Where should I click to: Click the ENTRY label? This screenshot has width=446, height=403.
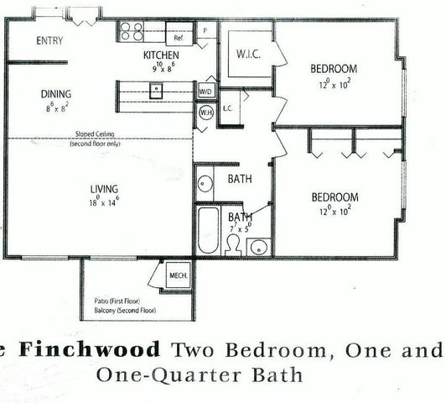pyautogui.click(x=49, y=41)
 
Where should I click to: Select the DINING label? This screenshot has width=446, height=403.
pyautogui.click(x=55, y=94)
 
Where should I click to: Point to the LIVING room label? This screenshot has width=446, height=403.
pyautogui.click(x=104, y=188)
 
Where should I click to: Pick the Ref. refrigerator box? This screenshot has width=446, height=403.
pyautogui.click(x=179, y=38)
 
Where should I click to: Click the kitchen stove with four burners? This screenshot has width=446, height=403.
pyautogui.click(x=132, y=32)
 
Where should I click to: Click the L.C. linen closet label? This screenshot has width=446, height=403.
pyautogui.click(x=227, y=108)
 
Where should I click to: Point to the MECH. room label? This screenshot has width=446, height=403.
pyautogui.click(x=177, y=274)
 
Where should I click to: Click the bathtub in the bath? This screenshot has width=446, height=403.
pyautogui.click(x=207, y=228)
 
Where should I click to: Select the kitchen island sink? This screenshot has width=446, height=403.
pyautogui.click(x=156, y=91)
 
